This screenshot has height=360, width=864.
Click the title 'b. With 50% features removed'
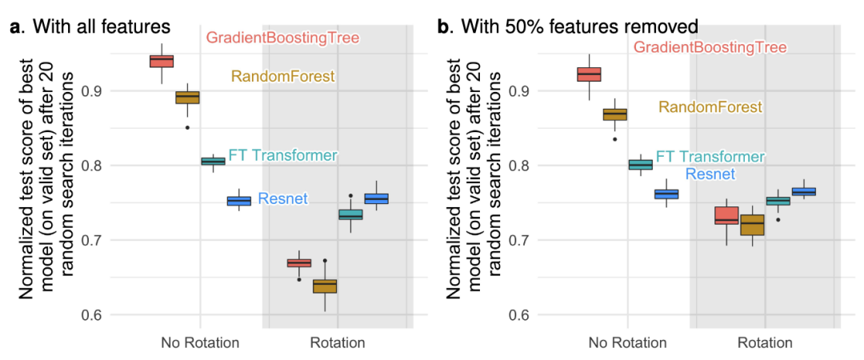pyautogui.click(x=567, y=27)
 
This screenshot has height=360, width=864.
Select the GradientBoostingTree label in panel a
pyautogui.click(x=282, y=38)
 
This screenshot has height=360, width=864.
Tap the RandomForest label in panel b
pyautogui.click(x=710, y=107)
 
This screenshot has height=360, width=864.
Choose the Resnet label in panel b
pyautogui.click(x=710, y=174)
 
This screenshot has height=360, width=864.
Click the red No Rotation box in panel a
pyautogui.click(x=162, y=61)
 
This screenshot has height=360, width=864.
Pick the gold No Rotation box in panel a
pyautogui.click(x=187, y=98)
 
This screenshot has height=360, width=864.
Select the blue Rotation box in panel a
pyautogui.click(x=376, y=198)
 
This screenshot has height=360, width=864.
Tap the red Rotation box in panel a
pyautogui.click(x=299, y=262)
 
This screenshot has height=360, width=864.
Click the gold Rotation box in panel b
pyautogui.click(x=752, y=225)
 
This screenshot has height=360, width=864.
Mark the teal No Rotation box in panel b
pyautogui.click(x=641, y=165)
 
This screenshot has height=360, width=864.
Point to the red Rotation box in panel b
pyautogui.click(x=726, y=215)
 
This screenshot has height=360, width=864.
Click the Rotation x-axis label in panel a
pyautogui.click(x=337, y=343)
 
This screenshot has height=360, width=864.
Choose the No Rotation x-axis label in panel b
pyautogui.click(x=627, y=343)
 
